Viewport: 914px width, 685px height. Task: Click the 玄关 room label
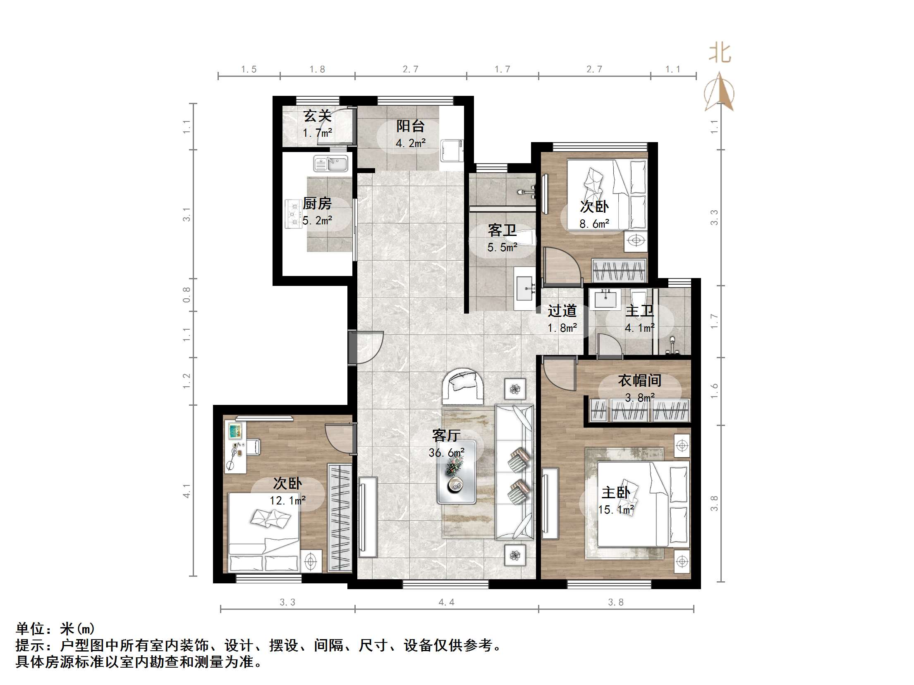pyautogui.click(x=317, y=116)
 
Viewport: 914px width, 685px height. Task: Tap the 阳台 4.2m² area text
pyautogui.click(x=410, y=143)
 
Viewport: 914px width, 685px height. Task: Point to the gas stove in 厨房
pyautogui.click(x=293, y=214)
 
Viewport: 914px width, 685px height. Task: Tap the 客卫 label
pyautogui.click(x=502, y=231)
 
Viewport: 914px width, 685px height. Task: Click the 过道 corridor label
pyautogui.click(x=562, y=311)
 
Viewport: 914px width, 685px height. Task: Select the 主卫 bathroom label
pyautogui.click(x=639, y=311)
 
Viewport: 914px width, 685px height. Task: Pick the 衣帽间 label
pyautogui.click(x=639, y=381)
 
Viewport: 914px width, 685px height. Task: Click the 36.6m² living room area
pyautogui.click(x=446, y=453)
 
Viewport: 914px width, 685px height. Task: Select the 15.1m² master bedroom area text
pyautogui.click(x=616, y=510)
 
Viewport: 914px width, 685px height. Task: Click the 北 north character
pyautogui.click(x=720, y=54)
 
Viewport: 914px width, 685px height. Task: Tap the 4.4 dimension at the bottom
pyautogui.click(x=446, y=602)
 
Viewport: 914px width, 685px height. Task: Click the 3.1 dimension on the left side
pyautogui.click(x=187, y=214)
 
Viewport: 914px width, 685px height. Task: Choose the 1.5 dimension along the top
pyautogui.click(x=249, y=69)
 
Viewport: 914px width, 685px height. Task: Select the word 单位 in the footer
pyautogui.click(x=30, y=629)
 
